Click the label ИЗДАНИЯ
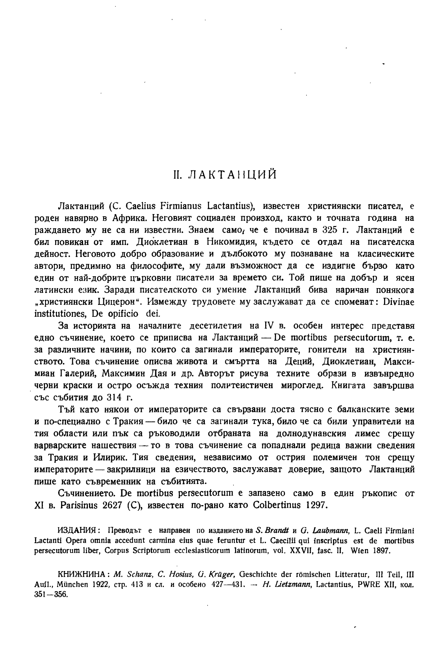(x=78, y=530)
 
